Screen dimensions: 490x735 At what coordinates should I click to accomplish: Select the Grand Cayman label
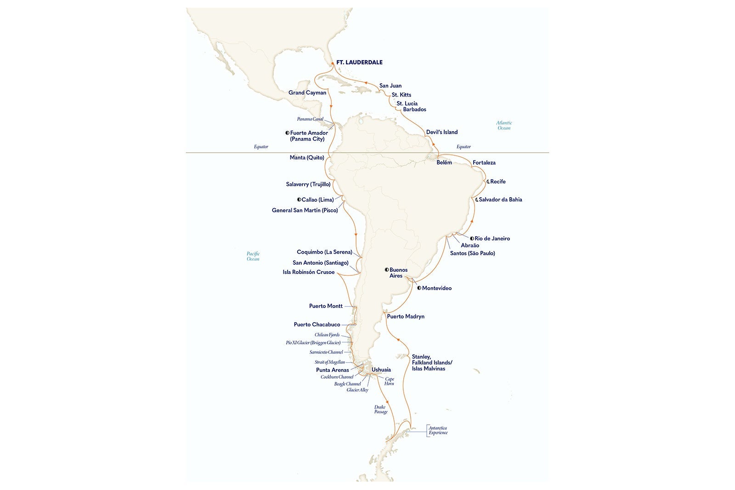[x=307, y=93]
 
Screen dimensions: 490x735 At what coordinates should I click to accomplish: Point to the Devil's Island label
[x=441, y=132]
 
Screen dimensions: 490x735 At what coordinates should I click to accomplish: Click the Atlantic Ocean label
[x=503, y=125]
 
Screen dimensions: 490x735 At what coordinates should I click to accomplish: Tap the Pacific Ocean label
[x=253, y=256]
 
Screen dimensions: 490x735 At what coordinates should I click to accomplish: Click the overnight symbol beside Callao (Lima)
[x=299, y=199]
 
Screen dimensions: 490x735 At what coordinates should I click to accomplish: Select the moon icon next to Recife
[x=487, y=182]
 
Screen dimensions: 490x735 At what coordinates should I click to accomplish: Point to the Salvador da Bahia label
[x=500, y=199]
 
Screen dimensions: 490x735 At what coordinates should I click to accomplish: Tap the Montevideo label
[x=436, y=288]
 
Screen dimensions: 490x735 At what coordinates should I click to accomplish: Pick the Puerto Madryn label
[x=406, y=317]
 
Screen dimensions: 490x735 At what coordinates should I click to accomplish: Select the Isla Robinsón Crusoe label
[x=308, y=272]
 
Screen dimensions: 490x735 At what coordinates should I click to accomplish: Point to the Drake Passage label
[x=381, y=409]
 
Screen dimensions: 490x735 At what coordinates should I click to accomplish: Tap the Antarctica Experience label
[x=437, y=430]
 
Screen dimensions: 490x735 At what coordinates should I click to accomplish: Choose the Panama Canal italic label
[x=310, y=119]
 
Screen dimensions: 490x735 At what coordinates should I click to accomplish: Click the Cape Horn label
[x=390, y=381]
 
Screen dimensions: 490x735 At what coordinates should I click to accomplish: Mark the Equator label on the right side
[x=464, y=147]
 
